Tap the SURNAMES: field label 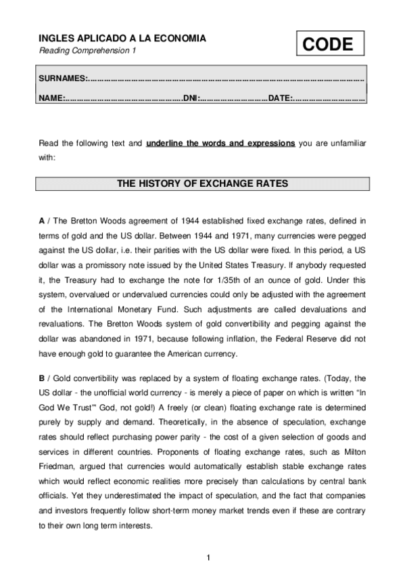click(x=64, y=79)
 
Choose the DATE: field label click(x=280, y=99)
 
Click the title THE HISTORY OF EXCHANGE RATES click(x=202, y=183)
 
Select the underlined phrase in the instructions click(x=220, y=143)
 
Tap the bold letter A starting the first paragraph click(x=41, y=221)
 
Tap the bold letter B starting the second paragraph click(x=41, y=378)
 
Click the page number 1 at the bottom click(x=209, y=557)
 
